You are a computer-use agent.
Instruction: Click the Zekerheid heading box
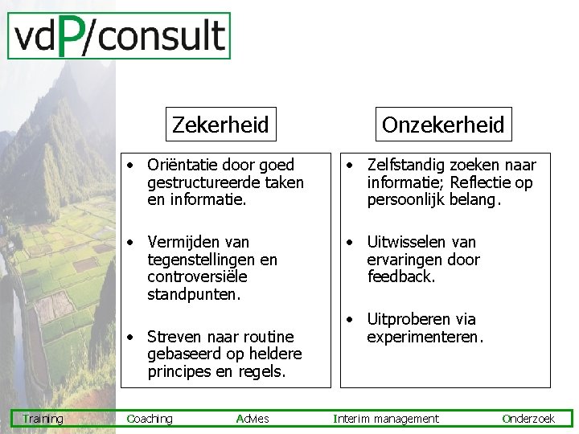coord(220,125)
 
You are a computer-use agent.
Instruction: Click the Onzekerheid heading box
coord(443,125)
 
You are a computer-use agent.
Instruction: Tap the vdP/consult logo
coord(119,36)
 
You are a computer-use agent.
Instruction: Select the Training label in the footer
coord(43,419)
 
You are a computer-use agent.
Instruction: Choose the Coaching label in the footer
coord(150,419)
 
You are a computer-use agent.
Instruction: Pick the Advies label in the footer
coord(253,419)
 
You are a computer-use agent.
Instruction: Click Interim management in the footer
coord(386,419)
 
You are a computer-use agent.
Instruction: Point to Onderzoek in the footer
coord(528,419)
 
